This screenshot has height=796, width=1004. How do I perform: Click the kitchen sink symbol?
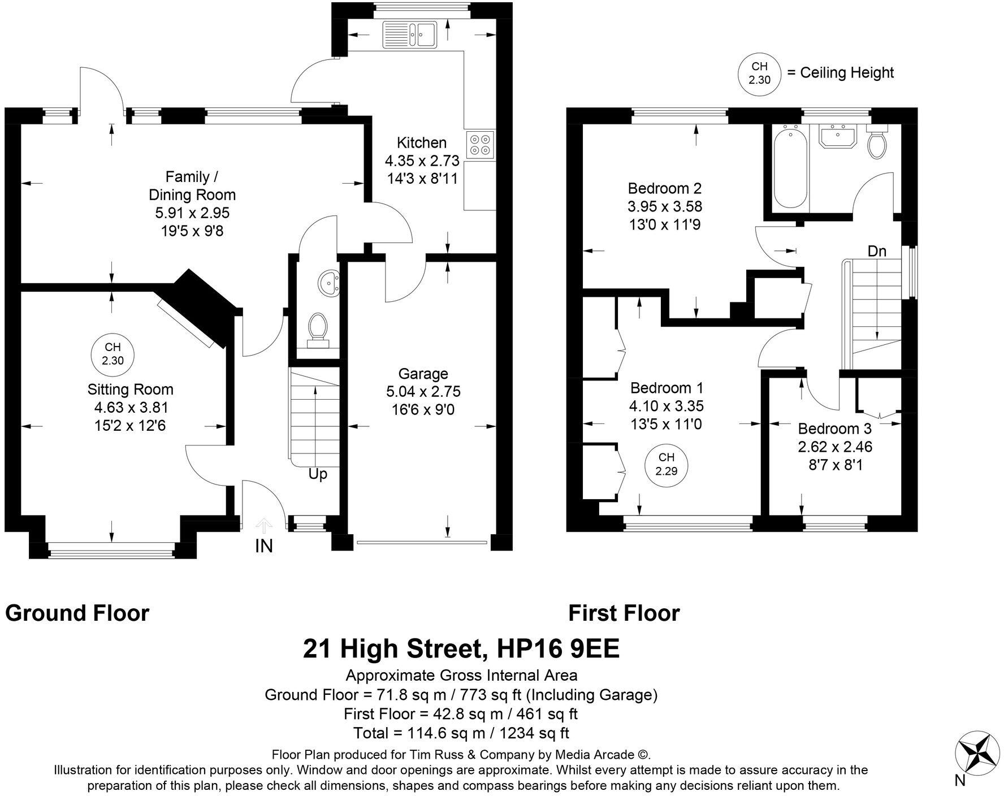pyautogui.click(x=410, y=33)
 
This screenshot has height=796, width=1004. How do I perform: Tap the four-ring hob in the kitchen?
pyautogui.click(x=480, y=145)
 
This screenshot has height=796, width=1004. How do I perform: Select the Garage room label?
pyautogui.click(x=423, y=374)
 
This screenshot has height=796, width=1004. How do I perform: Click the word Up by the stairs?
pyautogui.click(x=318, y=474)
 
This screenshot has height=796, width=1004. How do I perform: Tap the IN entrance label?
pyautogui.click(x=264, y=546)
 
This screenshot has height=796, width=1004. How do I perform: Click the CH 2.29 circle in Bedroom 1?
pyautogui.click(x=667, y=464)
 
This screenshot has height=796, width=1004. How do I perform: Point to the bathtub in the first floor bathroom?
pyautogui.click(x=790, y=168)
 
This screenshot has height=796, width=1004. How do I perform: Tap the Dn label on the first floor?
pyautogui.click(x=877, y=251)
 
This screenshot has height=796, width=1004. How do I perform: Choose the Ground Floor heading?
pyautogui.click(x=77, y=613)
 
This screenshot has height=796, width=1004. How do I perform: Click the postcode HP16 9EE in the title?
pyautogui.click(x=557, y=649)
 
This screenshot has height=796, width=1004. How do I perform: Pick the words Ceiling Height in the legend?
pyautogui.click(x=847, y=72)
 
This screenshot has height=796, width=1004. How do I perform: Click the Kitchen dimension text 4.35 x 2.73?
pyautogui.click(x=422, y=161)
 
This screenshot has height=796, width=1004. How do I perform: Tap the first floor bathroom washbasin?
pyautogui.click(x=838, y=135)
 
